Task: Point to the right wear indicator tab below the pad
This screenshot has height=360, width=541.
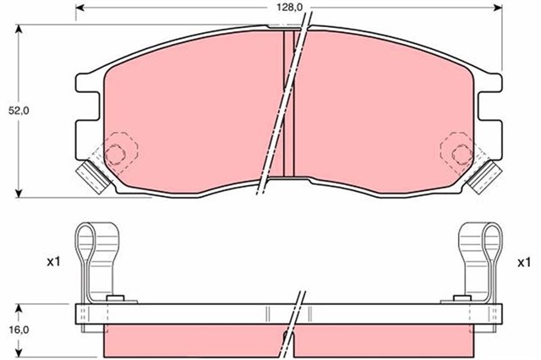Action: pos(486,175)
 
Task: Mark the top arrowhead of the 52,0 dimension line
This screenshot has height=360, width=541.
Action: pos(19,29)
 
